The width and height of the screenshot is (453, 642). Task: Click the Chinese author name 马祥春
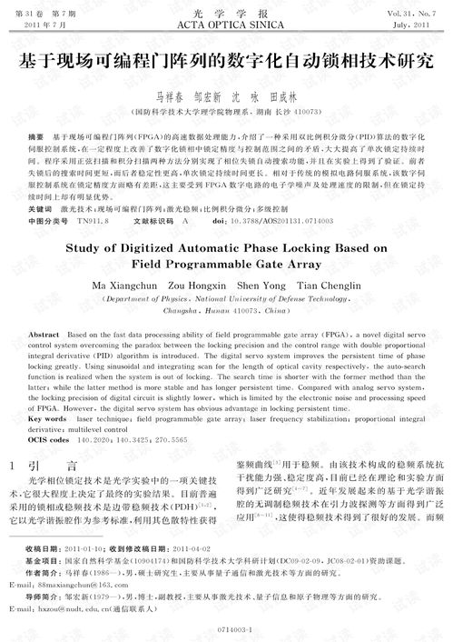(x=169, y=95)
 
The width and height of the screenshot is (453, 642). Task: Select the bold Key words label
(x=47, y=419)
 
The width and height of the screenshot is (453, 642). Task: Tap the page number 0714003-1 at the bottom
(x=226, y=628)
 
